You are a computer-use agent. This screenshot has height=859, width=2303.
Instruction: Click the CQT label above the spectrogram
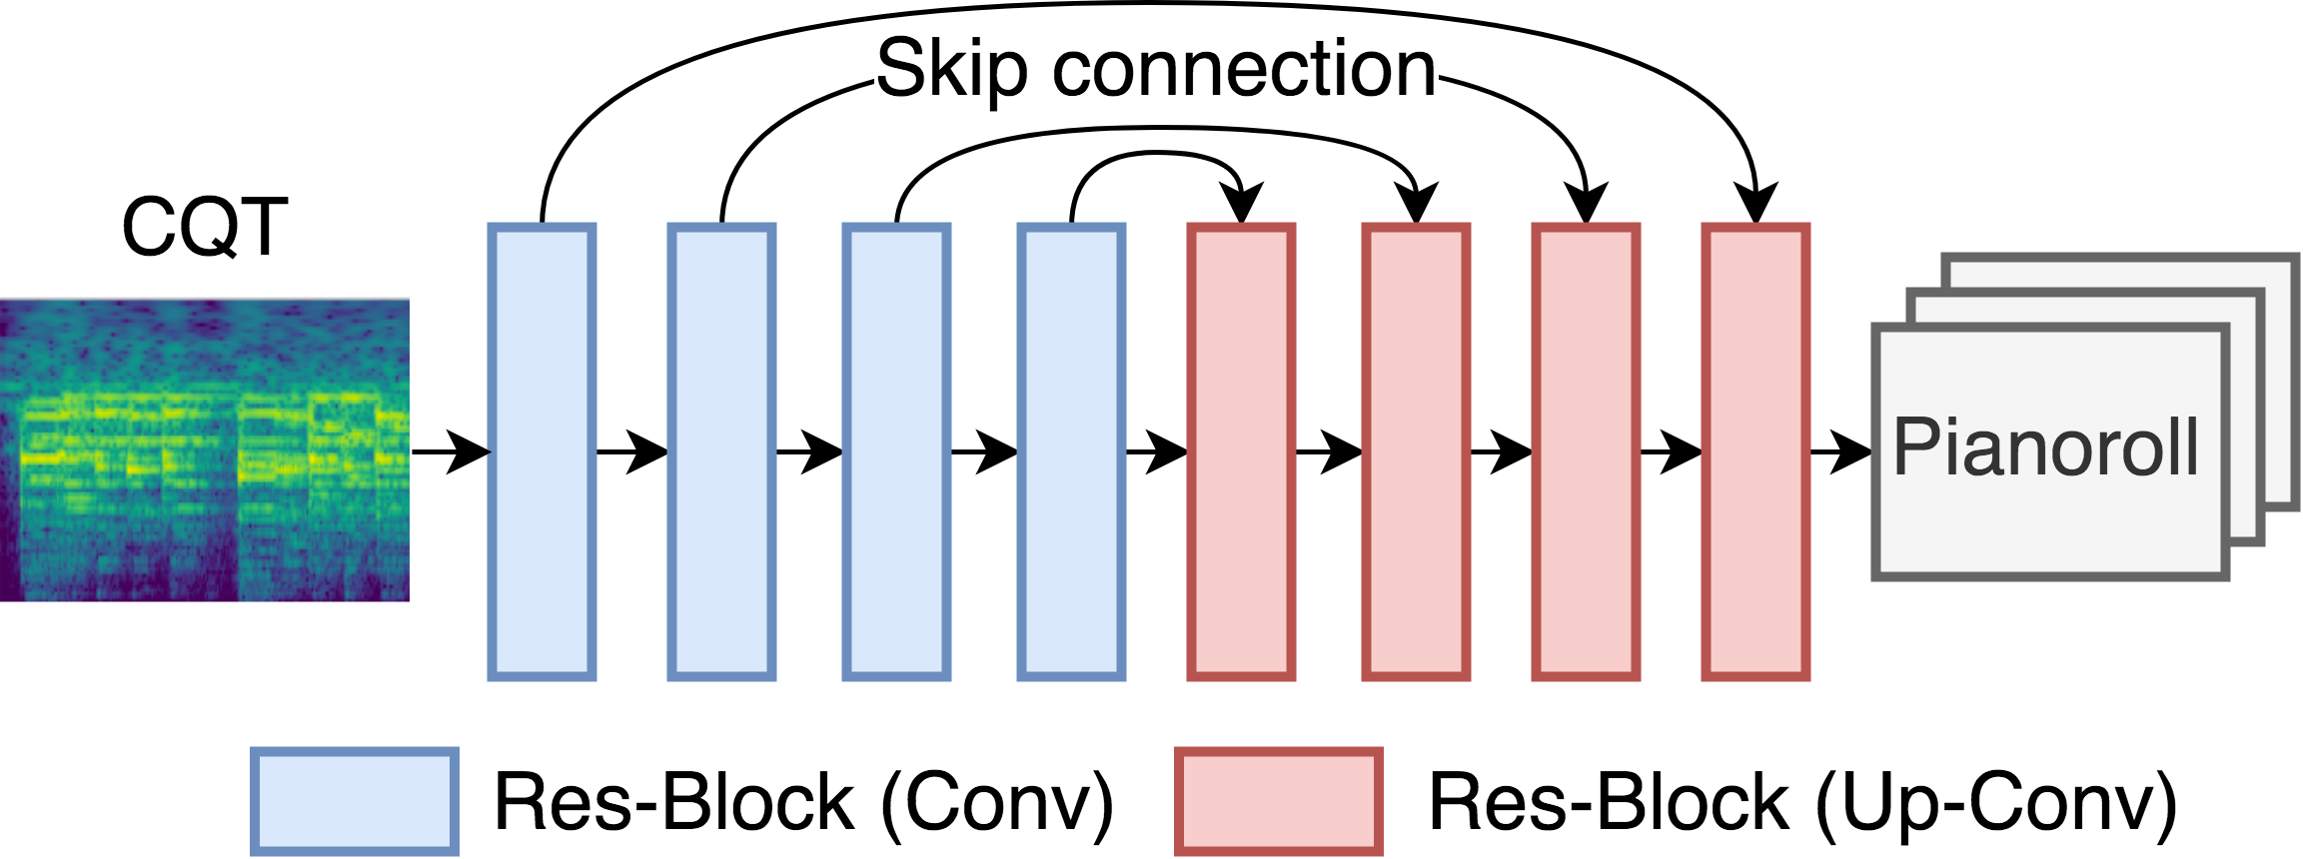[205, 228]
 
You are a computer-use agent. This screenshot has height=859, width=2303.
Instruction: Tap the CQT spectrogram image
[205, 450]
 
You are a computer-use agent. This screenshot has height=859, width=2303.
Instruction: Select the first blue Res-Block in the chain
[543, 452]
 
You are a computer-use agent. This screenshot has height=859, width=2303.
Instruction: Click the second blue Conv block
[722, 452]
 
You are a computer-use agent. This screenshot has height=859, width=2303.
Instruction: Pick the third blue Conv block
[897, 452]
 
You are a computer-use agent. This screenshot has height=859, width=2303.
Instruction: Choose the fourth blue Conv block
[1072, 452]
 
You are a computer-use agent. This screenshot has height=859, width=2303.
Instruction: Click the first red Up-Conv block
[1242, 452]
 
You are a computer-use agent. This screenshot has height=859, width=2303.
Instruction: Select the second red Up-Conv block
[1417, 452]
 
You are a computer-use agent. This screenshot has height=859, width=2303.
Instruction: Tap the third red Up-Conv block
[1587, 452]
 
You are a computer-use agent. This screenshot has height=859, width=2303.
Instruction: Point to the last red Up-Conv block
[1756, 452]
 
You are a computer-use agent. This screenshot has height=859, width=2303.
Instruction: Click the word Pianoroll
[2047, 446]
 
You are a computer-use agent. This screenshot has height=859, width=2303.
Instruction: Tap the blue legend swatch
[355, 801]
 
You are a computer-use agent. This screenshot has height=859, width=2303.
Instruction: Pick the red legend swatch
[1279, 801]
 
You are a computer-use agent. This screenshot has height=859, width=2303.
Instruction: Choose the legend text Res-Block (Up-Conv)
[1803, 803]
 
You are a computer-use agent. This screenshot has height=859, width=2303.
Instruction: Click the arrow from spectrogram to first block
[452, 452]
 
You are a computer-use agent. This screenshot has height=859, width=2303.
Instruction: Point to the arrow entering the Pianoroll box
[1841, 452]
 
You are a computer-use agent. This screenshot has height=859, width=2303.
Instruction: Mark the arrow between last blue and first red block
[1157, 452]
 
